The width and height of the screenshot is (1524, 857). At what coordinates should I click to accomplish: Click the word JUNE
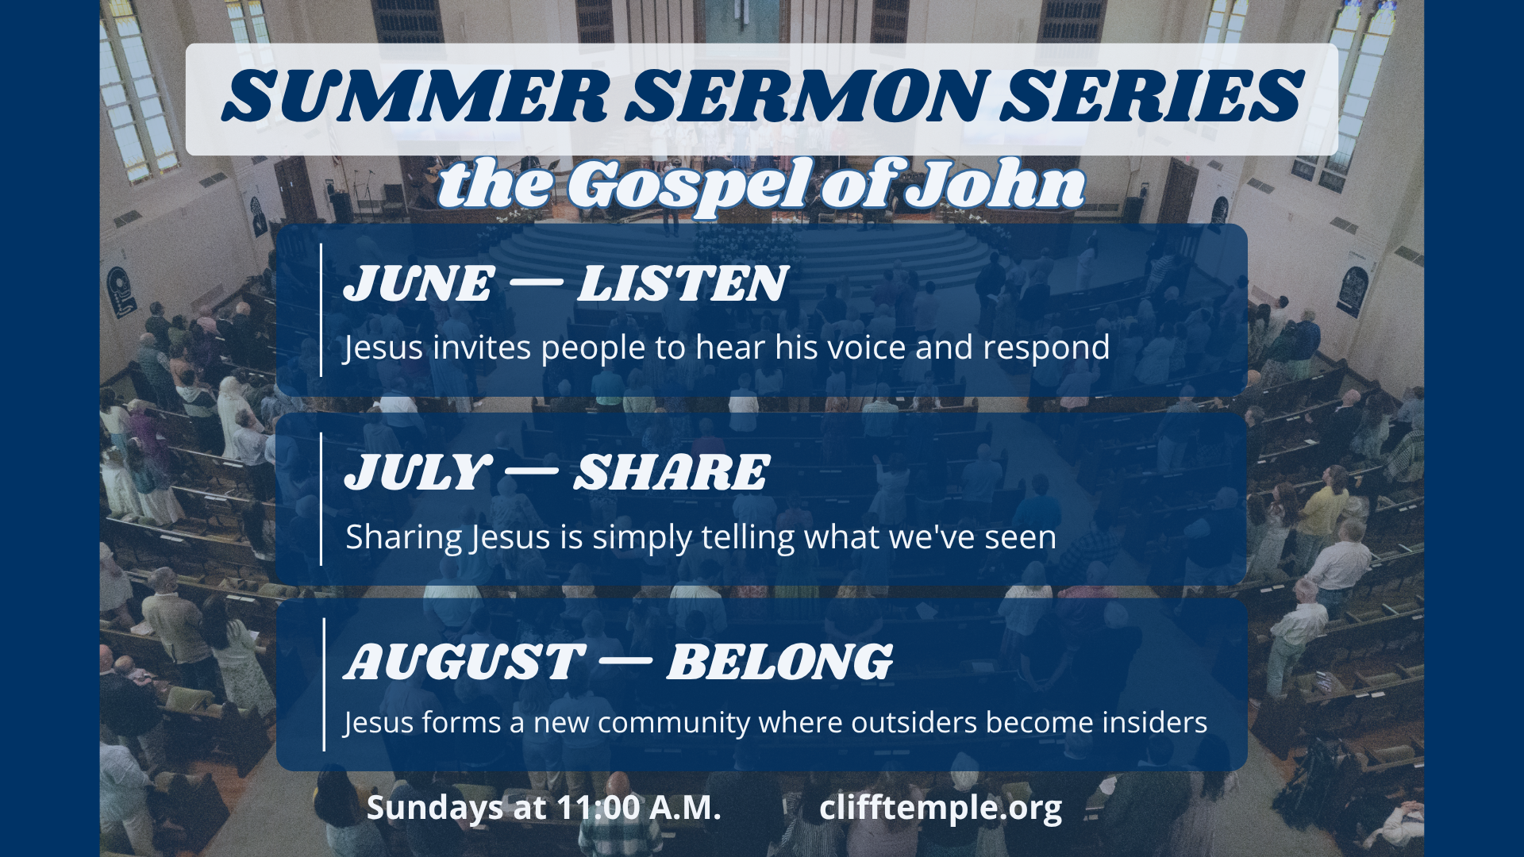pos(418,283)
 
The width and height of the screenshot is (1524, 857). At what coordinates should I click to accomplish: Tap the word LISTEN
pos(682,283)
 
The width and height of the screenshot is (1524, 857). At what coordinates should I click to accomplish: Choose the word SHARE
pos(671,472)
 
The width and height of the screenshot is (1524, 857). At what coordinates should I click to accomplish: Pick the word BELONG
pos(779,662)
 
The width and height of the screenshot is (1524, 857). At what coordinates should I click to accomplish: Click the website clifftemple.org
pos(941,808)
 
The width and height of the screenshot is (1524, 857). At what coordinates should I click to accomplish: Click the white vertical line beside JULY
pos(321,499)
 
